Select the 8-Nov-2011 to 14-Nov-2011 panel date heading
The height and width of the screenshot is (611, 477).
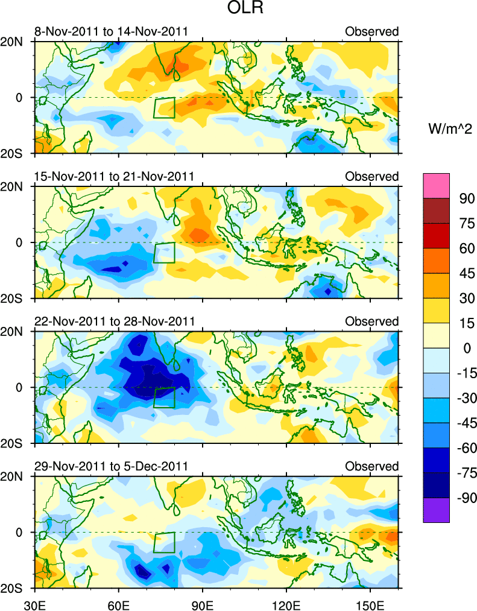click(111, 31)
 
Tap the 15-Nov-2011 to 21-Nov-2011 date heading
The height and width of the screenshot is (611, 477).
click(113, 176)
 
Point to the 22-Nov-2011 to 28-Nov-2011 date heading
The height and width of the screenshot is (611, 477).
click(113, 321)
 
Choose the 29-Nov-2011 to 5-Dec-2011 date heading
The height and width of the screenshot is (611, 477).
click(111, 466)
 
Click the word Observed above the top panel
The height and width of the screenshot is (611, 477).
click(371, 31)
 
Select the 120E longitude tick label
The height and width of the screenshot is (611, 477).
click(286, 603)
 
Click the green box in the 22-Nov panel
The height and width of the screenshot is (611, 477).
click(164, 397)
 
